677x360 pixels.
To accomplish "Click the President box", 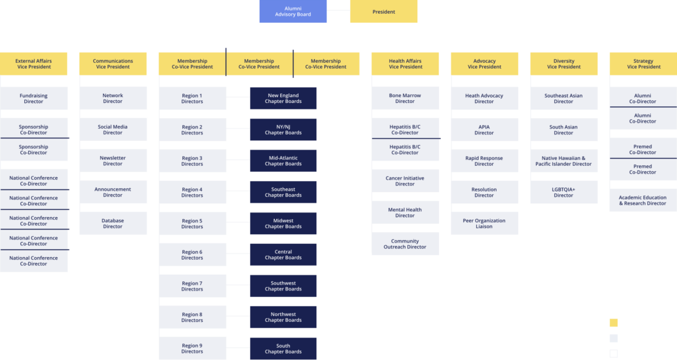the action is tap(383, 11).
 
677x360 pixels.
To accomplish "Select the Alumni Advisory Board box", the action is tap(293, 11).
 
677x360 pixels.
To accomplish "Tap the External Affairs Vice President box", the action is tap(33, 64).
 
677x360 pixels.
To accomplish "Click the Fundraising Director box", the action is tap(33, 98).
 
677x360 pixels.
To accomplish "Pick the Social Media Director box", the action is tap(113, 129).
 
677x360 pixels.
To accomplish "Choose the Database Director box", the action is tap(113, 223).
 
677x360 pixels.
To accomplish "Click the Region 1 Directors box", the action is tap(192, 98).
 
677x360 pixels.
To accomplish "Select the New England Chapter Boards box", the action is tap(283, 98).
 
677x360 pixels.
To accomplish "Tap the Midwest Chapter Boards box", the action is tap(283, 223).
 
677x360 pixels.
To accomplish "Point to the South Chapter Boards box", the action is tap(283, 348).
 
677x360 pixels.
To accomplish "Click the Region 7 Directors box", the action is tap(192, 286).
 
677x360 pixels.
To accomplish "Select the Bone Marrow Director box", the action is tap(405, 98).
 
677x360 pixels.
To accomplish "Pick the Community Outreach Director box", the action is tap(405, 244).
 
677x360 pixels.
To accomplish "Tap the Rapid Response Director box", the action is tap(484, 161).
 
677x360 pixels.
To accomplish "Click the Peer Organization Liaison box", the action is tap(484, 223).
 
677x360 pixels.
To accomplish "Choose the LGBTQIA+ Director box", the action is tap(564, 192).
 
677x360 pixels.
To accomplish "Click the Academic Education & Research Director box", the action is tap(643, 200).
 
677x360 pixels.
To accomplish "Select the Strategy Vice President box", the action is tap(644, 64).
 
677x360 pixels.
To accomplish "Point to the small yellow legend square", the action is tap(613, 323).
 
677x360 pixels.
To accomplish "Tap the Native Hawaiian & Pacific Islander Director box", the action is tap(564, 161).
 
